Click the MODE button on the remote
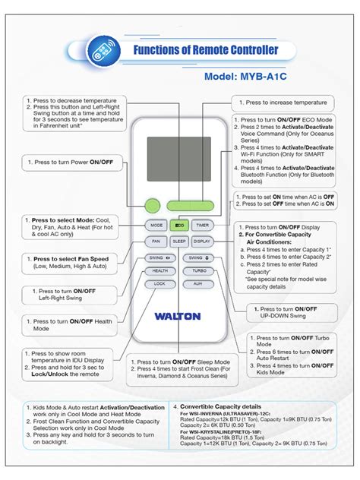click(156, 226)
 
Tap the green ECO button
click(179, 226)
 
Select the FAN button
click(156, 242)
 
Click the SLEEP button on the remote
click(179, 242)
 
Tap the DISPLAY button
click(201, 242)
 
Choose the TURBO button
click(198, 270)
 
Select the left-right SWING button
click(159, 258)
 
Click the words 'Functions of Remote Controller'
click(205, 51)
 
